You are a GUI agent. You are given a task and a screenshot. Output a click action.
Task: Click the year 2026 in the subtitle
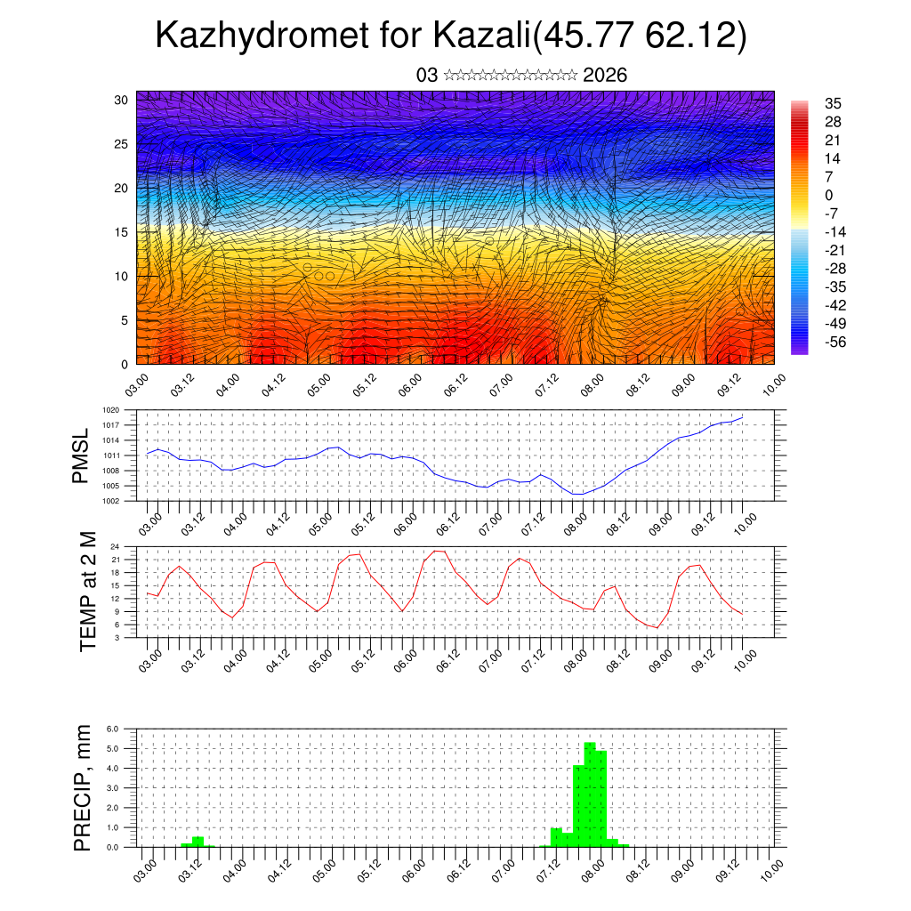coord(605,76)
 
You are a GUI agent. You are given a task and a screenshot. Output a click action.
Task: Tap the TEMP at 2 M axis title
coord(88,592)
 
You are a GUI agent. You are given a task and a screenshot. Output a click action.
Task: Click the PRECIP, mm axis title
coord(83,787)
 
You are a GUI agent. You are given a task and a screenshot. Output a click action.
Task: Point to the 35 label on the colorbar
coord(833,103)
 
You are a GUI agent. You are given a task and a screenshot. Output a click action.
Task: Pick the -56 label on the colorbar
coord(834,342)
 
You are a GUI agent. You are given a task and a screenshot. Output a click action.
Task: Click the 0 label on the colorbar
coord(828,195)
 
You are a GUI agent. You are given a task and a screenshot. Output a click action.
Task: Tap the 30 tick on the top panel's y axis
coord(122,100)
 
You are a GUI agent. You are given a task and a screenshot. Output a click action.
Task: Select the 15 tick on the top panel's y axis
coord(122,232)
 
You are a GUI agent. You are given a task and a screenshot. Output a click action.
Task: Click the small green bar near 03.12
coord(198,842)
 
